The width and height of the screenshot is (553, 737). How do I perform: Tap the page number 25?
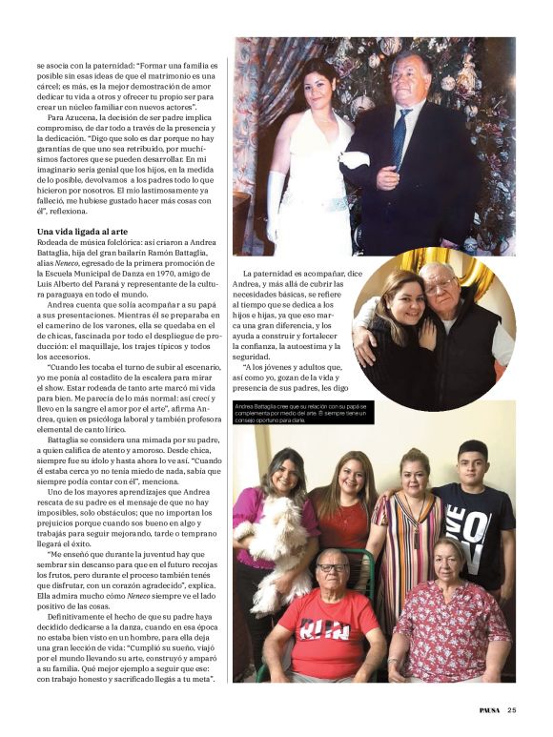(512, 709)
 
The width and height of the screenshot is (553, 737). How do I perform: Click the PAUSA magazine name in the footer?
(489, 709)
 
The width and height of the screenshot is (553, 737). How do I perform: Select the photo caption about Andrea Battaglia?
(302, 413)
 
